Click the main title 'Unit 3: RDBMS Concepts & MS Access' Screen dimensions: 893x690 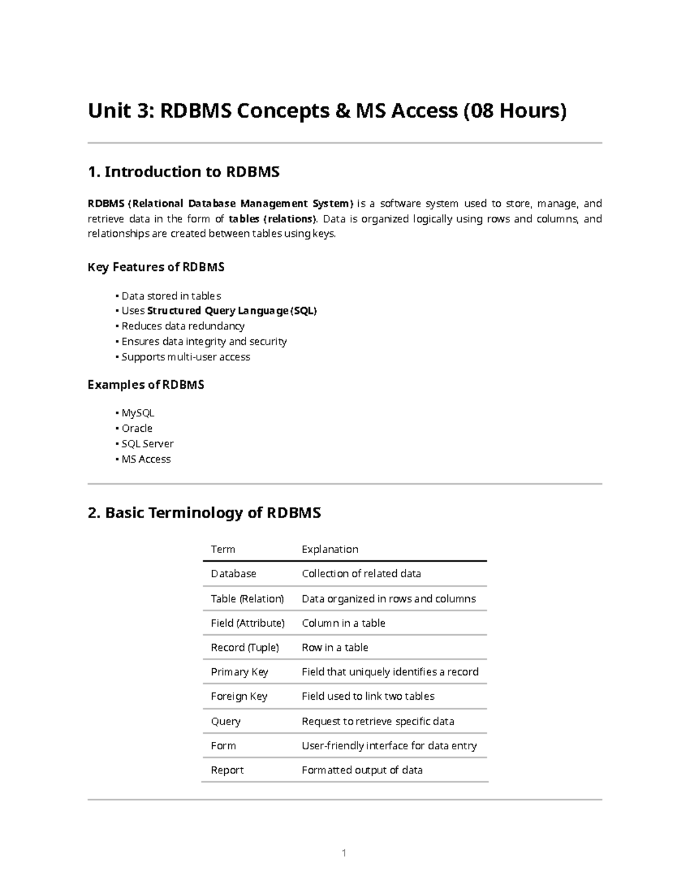(x=327, y=110)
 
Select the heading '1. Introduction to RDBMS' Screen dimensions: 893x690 (x=183, y=172)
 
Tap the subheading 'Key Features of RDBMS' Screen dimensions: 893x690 (x=156, y=267)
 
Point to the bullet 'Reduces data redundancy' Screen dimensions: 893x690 (x=183, y=326)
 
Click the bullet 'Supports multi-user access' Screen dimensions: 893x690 (x=186, y=357)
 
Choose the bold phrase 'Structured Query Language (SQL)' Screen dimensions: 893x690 (x=232, y=311)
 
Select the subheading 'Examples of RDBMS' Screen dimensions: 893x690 (x=145, y=385)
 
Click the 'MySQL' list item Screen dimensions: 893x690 (x=138, y=413)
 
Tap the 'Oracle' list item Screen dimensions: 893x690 (x=137, y=428)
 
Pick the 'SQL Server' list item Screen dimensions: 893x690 (x=147, y=444)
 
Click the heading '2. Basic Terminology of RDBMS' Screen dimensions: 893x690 (x=204, y=512)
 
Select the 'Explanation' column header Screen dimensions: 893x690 (x=330, y=549)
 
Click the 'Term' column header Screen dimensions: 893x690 (x=223, y=549)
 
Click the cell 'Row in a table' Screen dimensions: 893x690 (x=335, y=647)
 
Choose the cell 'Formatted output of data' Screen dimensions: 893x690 (x=362, y=770)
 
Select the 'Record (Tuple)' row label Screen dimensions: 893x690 (x=244, y=647)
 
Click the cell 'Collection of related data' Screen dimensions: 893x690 (x=361, y=574)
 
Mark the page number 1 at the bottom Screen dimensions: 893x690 (x=344, y=853)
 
